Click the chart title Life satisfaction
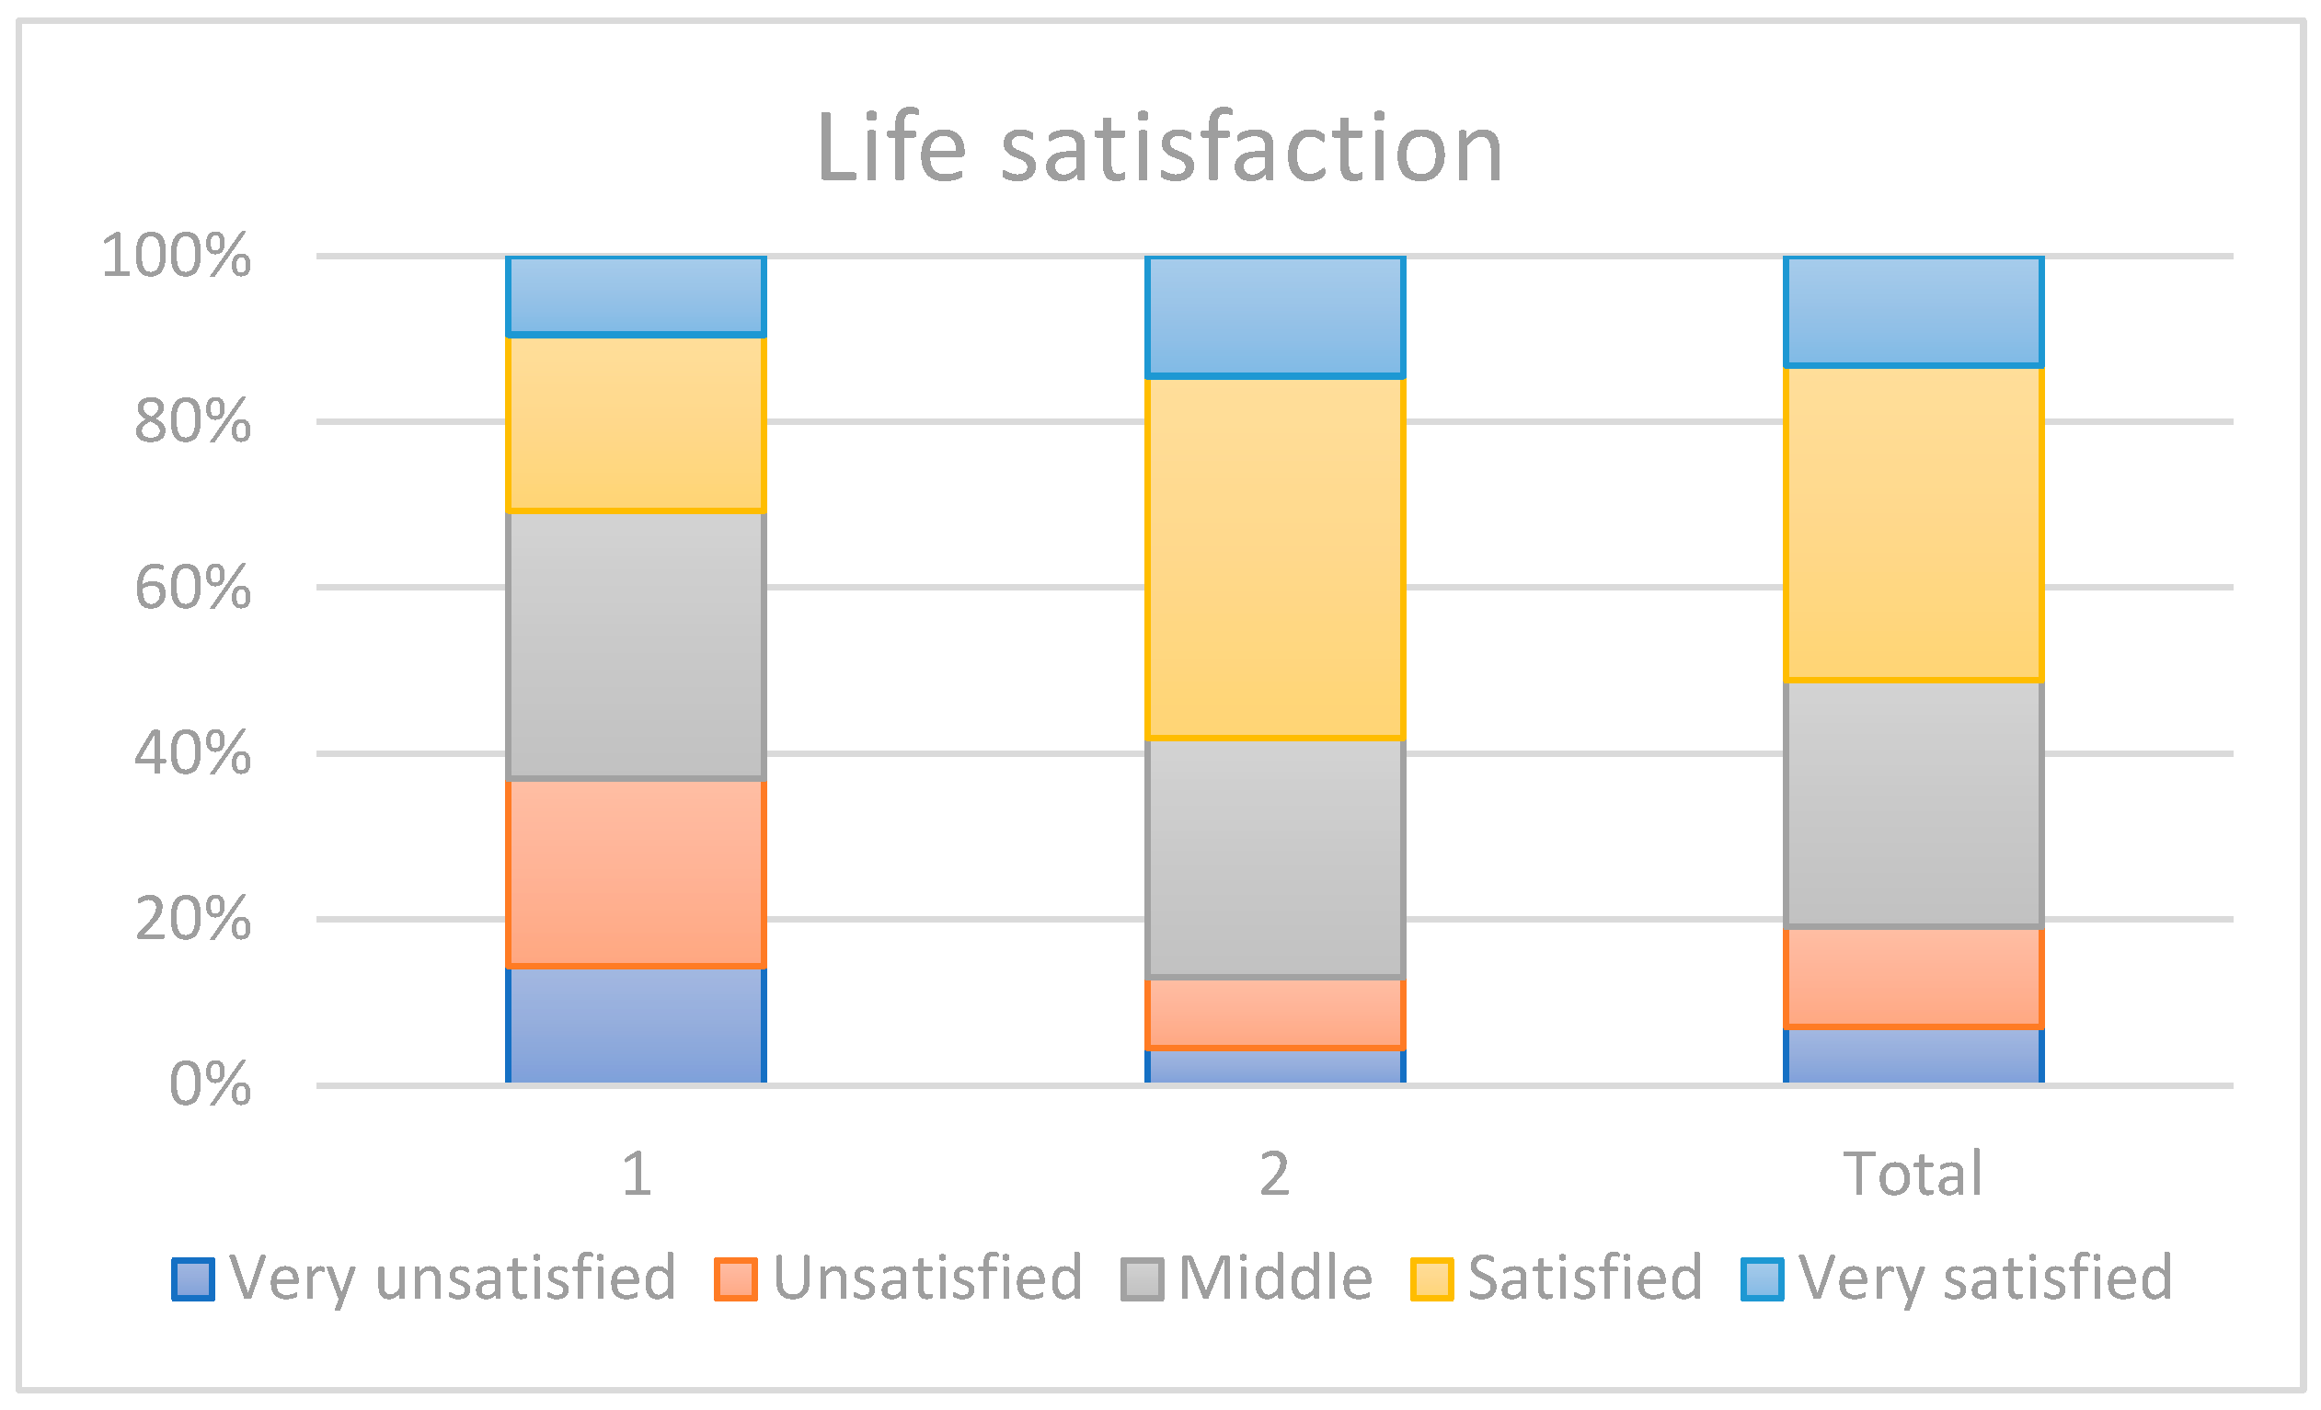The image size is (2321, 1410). tap(1158, 149)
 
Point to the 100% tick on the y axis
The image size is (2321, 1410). tap(176, 256)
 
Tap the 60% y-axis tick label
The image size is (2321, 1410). tap(192, 588)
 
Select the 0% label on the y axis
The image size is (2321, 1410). tap(209, 1084)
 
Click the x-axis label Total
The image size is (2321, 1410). tap(1913, 1174)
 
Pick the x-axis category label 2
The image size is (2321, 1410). tap(1274, 1175)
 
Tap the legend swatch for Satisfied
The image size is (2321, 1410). tap(1431, 1279)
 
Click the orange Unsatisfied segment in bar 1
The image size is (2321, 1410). tap(636, 873)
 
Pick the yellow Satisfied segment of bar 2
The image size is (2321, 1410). tap(1274, 557)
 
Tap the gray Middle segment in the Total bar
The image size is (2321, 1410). tap(1913, 805)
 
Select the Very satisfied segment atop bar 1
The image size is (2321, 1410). tap(636, 295)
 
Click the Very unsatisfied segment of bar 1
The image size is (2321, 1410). tap(636, 1025)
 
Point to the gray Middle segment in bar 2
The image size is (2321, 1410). tap(1274, 858)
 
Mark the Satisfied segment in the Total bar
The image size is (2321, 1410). tap(1913, 522)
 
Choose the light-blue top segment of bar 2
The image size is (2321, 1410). tap(1274, 316)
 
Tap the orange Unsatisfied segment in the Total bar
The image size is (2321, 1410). tap(1913, 978)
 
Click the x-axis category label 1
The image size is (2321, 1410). tap(637, 1175)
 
